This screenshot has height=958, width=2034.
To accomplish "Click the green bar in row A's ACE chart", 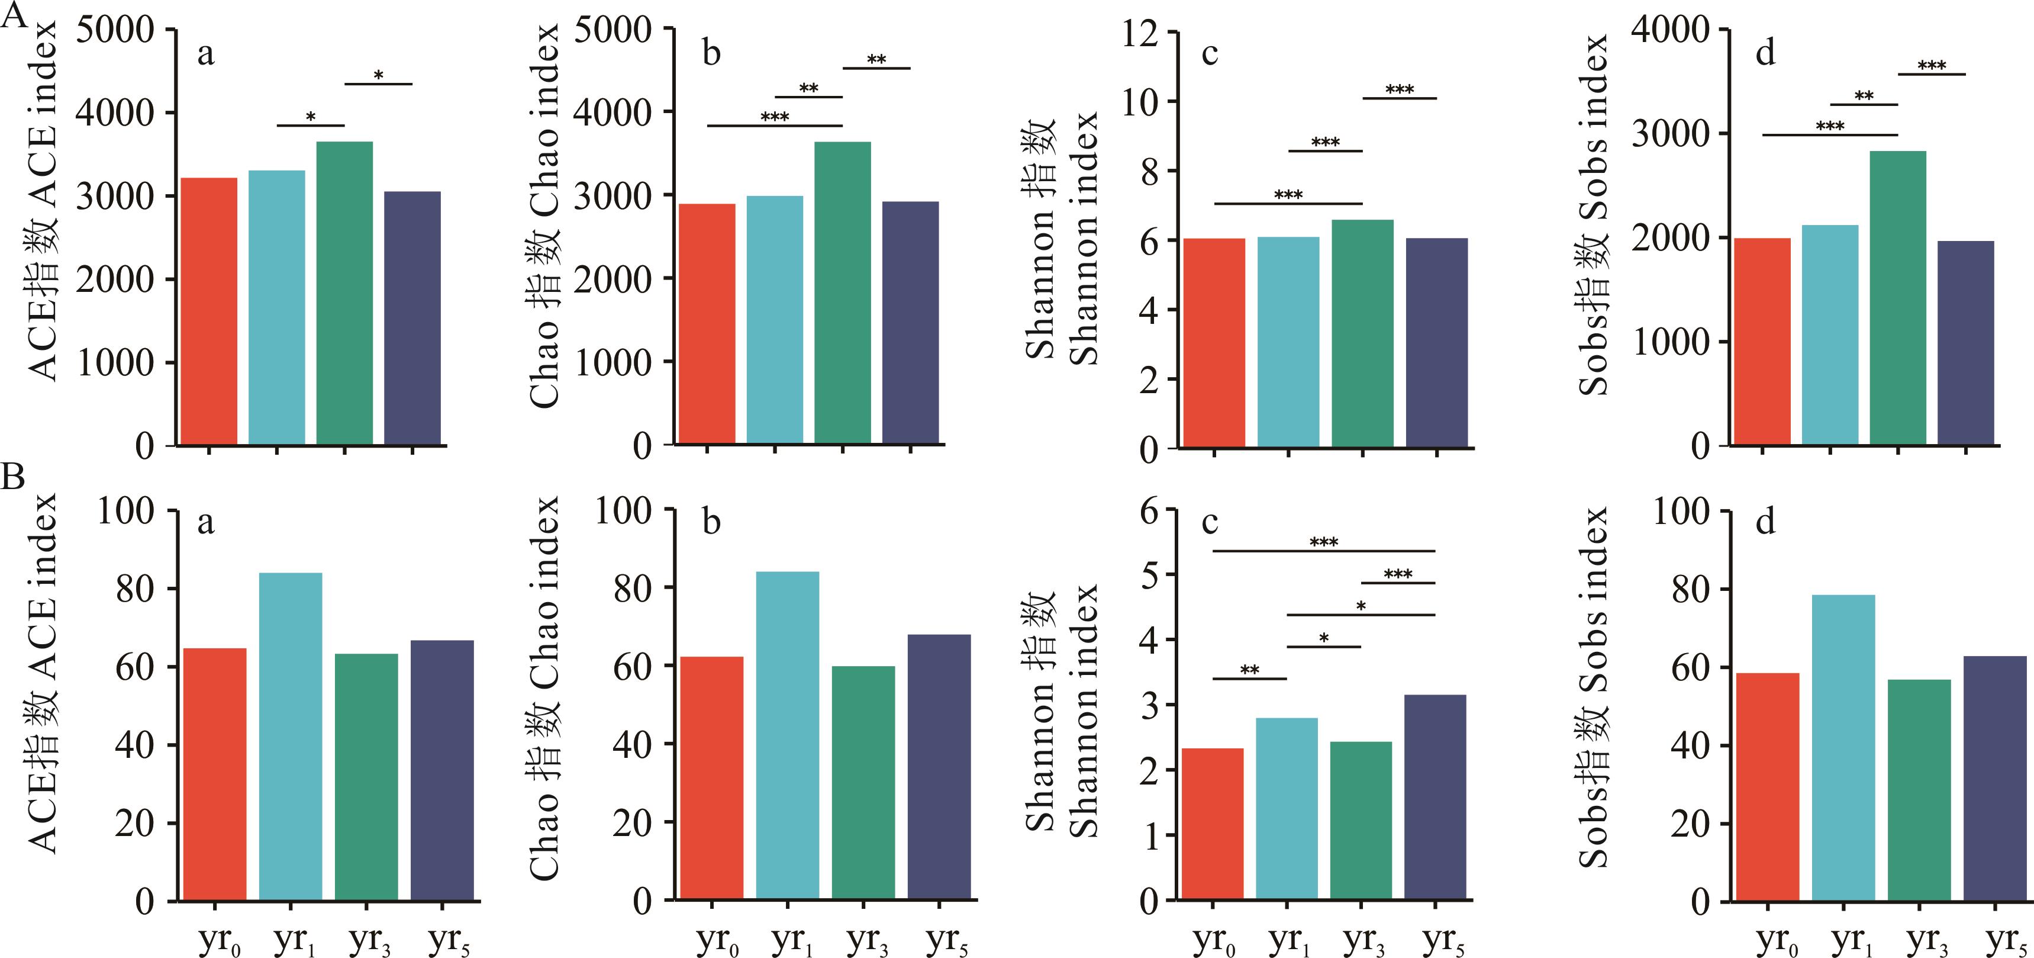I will click(x=344, y=293).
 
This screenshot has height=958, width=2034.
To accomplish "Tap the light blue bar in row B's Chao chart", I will click(x=787, y=735).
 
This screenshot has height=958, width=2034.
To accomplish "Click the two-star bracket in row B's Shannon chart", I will click(x=1249, y=677).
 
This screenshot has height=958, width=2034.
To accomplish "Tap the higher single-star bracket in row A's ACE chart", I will click(x=378, y=83).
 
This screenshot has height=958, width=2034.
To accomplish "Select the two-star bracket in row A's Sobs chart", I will click(x=1864, y=104).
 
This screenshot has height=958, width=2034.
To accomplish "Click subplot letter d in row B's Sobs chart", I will click(x=1765, y=521).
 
